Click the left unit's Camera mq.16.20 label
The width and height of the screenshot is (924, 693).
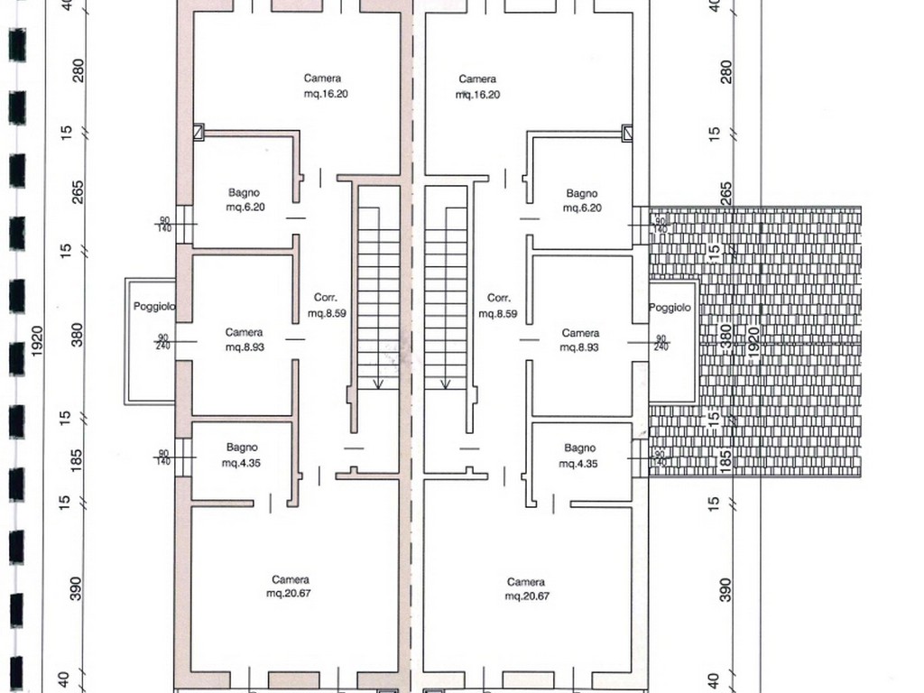coord(325,86)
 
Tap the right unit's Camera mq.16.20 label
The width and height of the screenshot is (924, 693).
coord(477,87)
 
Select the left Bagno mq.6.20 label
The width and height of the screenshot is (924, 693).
coord(245,199)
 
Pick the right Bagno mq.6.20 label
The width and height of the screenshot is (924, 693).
coord(582,200)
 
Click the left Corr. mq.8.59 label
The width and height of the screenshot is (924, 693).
coord(327,305)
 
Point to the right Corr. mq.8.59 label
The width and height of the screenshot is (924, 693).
coord(498,306)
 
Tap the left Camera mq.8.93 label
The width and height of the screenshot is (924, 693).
coord(245,339)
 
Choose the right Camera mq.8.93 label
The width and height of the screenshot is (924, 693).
coord(580,340)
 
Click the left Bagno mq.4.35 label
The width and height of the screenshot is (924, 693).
coord(242,455)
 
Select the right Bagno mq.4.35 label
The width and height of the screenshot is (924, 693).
coord(578,456)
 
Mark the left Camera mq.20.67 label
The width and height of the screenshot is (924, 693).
coord(289,587)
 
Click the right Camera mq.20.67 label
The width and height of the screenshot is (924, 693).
coord(527,588)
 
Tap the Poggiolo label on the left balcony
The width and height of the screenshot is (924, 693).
coord(154,307)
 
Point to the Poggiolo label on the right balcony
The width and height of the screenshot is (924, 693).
coord(670,308)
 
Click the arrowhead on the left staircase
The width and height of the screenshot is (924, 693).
coord(379,384)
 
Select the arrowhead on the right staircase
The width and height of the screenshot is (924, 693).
coord(446,384)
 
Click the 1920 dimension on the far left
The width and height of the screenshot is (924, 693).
coord(37,341)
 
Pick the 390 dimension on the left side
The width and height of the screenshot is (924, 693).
coord(76,588)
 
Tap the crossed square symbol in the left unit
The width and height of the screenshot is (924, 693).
coord(199,132)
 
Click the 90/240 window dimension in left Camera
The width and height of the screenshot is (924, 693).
coord(162,342)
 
